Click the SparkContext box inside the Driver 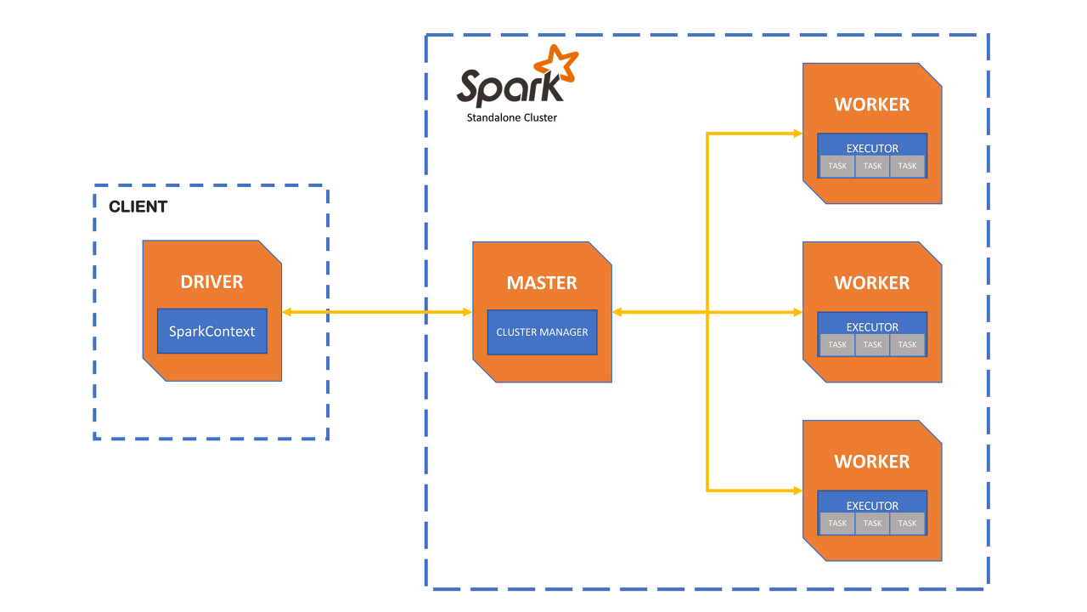point(212,331)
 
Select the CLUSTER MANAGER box point(542,332)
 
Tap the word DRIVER point(211,282)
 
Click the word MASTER point(542,283)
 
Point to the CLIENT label point(138,207)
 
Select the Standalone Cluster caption point(512,118)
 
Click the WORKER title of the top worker point(871,105)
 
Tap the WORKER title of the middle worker point(871,283)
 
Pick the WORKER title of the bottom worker point(871,462)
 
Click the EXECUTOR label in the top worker point(872,149)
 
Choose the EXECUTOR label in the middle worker point(872,327)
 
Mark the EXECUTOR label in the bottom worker point(872,506)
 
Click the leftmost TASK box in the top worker point(837,166)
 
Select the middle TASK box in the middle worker point(872,344)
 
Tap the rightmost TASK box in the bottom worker point(907,523)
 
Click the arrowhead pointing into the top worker point(797,133)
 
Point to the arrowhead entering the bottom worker point(797,490)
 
